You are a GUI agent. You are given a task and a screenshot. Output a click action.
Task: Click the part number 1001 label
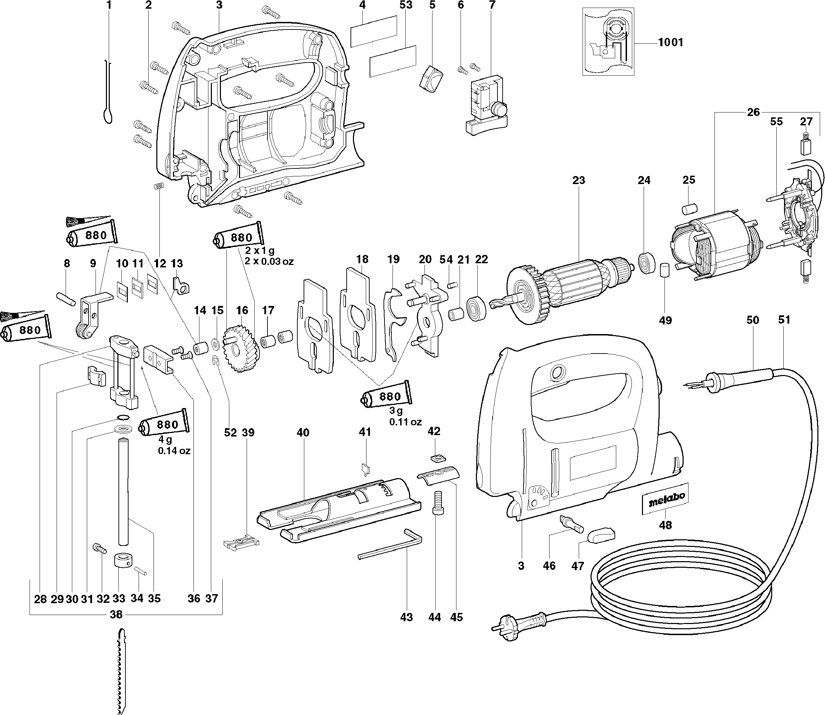pos(670,42)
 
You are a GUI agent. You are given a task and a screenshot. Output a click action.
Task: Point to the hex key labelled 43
pos(391,544)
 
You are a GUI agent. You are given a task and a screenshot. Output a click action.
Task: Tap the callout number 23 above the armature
pos(578,180)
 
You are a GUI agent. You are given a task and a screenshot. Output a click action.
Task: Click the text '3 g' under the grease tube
pos(396,410)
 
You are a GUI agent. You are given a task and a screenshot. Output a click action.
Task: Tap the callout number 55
pos(776,121)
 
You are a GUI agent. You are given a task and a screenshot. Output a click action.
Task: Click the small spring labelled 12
pos(160,187)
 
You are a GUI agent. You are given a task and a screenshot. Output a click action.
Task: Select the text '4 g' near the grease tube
pos(165,440)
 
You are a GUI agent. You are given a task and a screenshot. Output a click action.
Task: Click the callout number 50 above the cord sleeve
pos(752,320)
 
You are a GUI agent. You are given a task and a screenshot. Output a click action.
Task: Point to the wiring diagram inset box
pos(608,41)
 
